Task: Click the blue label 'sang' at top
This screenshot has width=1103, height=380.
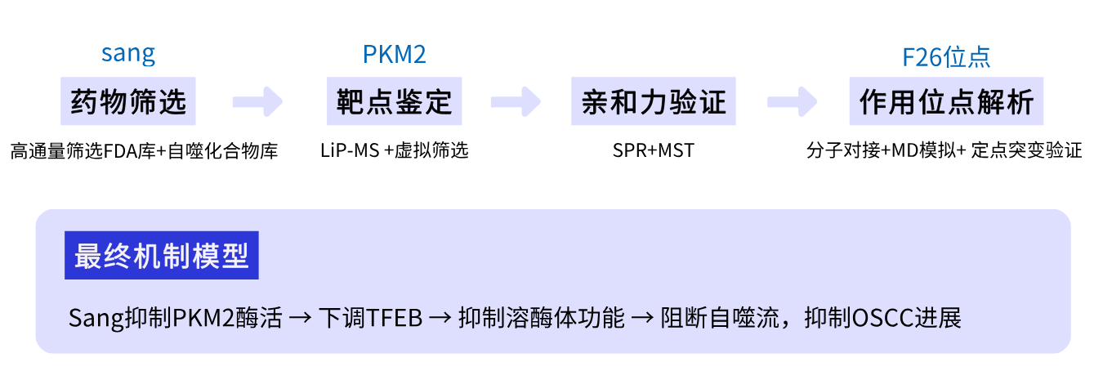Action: [128, 55]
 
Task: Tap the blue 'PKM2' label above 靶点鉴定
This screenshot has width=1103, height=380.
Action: [395, 55]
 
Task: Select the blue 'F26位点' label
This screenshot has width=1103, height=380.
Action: [946, 57]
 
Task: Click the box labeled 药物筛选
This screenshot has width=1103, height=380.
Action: [128, 102]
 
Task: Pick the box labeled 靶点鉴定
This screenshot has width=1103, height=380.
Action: [394, 102]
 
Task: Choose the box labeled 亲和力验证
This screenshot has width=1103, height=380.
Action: [653, 102]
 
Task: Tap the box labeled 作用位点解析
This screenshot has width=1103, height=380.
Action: [946, 102]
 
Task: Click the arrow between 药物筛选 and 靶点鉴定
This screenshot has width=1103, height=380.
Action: [257, 102]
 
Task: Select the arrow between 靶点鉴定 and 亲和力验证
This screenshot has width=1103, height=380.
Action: [516, 102]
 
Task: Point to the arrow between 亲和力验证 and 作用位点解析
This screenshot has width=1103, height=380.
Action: [792, 102]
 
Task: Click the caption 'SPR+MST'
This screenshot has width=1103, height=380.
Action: [653, 151]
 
